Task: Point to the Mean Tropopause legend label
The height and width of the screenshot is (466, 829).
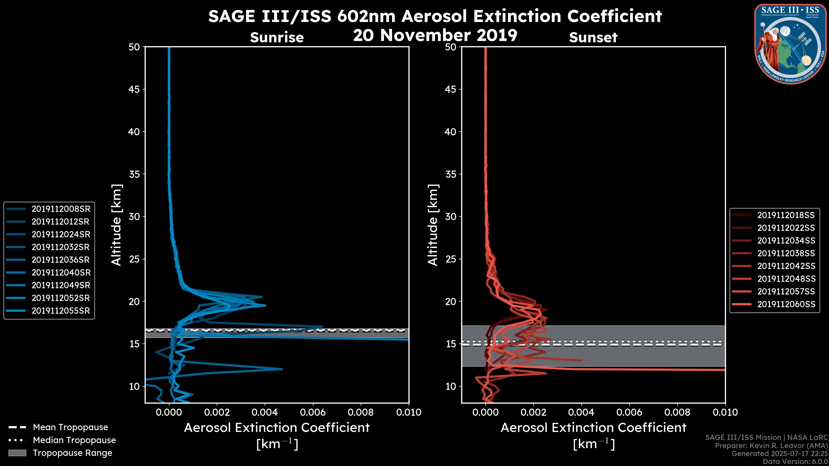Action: tap(70, 427)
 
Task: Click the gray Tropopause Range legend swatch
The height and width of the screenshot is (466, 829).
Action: tap(17, 453)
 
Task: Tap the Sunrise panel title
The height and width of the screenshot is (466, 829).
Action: tap(277, 38)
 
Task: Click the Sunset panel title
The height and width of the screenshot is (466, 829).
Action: tap(593, 38)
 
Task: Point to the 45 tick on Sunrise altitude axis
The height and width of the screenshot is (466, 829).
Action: tap(134, 89)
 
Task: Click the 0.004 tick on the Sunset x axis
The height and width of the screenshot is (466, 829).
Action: tap(582, 412)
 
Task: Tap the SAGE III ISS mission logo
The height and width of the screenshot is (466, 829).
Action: tap(791, 44)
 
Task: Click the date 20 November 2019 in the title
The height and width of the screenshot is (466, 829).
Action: tap(435, 35)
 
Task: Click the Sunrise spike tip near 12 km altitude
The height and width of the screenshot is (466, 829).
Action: tap(282, 369)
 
